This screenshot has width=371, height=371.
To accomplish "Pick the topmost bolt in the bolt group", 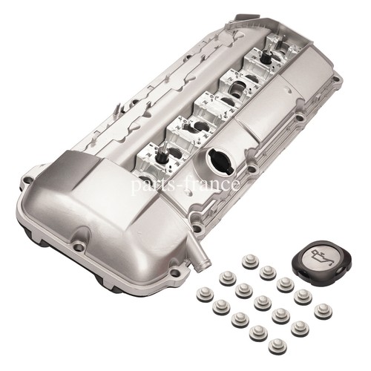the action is tap(250, 261).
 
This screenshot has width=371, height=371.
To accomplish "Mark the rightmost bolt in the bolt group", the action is tap(323, 310).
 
